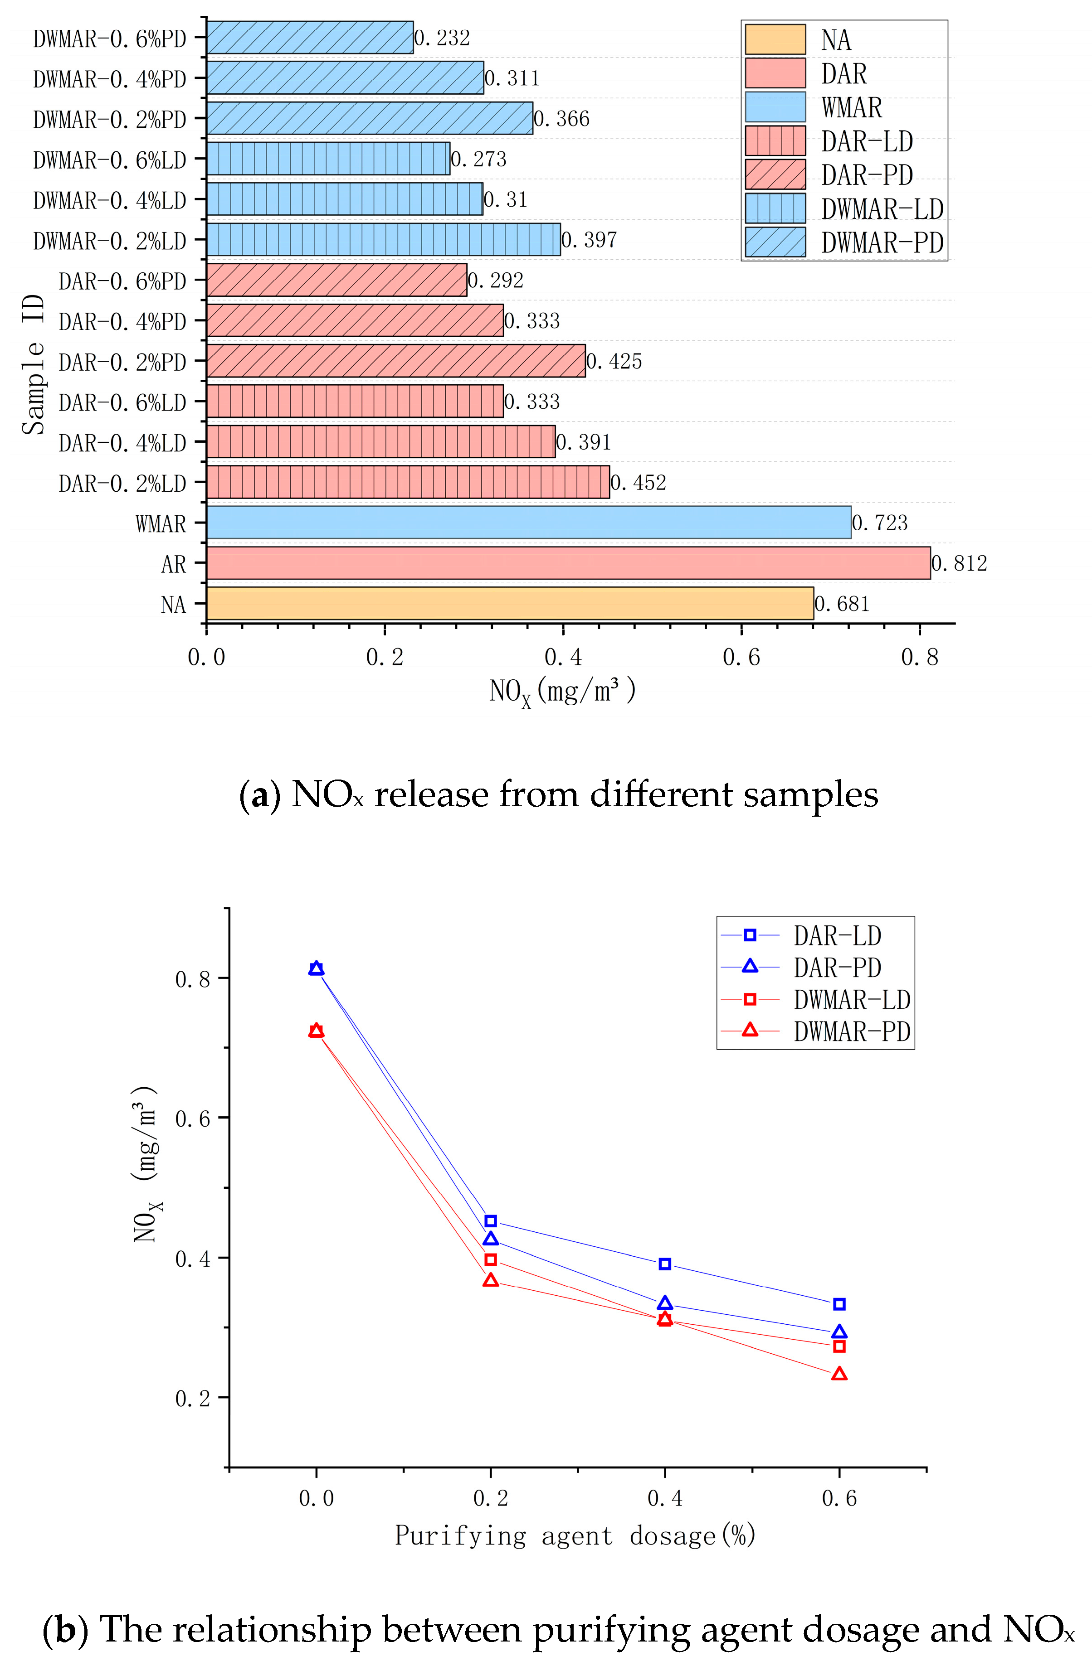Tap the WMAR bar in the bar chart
coord(529,522)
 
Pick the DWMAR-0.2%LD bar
coord(383,239)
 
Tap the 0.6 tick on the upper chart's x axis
coord(741,657)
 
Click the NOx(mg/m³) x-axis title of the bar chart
coord(562,691)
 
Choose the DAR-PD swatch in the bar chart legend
coord(775,174)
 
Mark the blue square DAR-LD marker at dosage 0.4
coord(665,1264)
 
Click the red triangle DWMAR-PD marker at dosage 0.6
coord(839,1374)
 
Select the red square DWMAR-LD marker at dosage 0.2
coord(490,1260)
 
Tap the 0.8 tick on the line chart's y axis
coord(193,978)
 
